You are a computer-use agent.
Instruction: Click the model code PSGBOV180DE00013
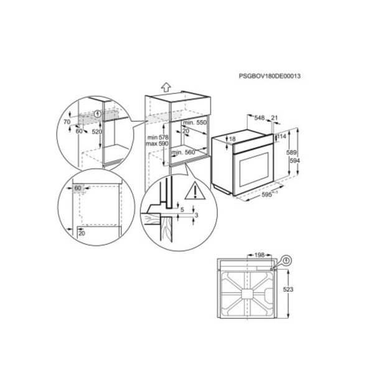tap(269, 76)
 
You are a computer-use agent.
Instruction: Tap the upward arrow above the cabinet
tap(166, 87)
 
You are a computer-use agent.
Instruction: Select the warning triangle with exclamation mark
tap(195, 190)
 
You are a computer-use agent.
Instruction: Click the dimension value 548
tap(260, 118)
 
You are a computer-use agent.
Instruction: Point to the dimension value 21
tap(274, 118)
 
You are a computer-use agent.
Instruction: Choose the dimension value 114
tap(281, 136)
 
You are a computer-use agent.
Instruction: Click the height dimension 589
tap(291, 152)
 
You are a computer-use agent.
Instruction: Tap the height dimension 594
tap(295, 161)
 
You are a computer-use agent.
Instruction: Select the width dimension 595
tap(267, 195)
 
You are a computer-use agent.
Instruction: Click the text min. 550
tap(195, 123)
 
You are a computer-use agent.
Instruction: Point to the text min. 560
tap(184, 152)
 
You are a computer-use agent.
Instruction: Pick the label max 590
tap(157, 144)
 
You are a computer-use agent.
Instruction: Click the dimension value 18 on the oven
tap(232, 139)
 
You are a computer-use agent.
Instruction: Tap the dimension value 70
tap(67, 122)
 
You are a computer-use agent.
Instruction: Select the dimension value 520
tap(97, 132)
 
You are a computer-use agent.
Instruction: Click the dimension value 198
tap(260, 255)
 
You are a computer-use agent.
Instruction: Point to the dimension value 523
tap(288, 289)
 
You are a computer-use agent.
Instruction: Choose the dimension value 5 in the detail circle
tap(182, 210)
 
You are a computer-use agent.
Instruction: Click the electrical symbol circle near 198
tap(286, 260)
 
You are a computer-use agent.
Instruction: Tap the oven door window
tap(253, 169)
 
